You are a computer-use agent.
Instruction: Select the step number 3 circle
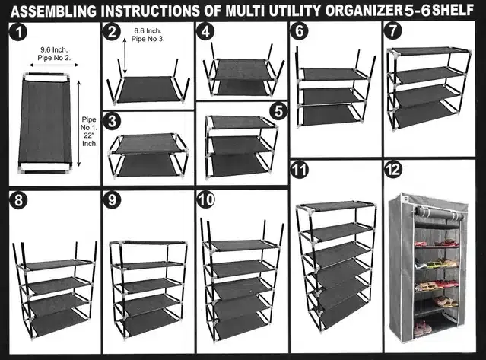(113, 122)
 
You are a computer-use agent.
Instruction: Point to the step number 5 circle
(278, 110)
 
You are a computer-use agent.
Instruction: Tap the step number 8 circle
(17, 201)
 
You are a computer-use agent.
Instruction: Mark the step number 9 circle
(113, 201)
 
